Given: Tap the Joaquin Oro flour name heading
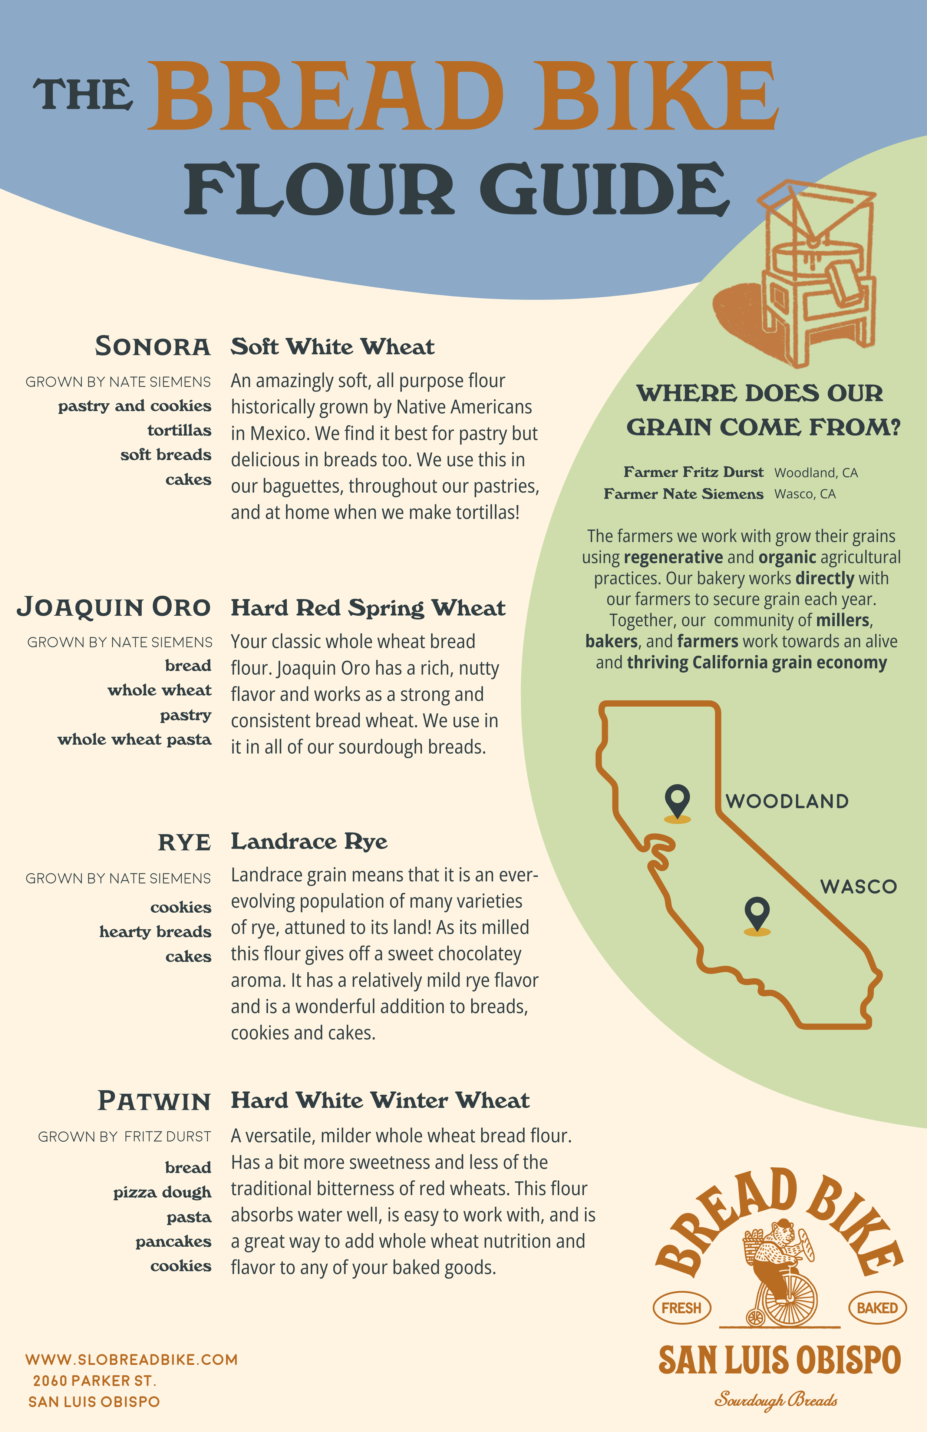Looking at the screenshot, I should pos(114,607).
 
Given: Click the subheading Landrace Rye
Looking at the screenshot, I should pos(309,841).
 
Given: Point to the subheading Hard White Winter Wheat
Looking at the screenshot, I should pos(380,1101).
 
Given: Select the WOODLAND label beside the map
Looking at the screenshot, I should pos(787,801).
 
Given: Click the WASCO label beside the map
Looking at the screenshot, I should pos(858,886).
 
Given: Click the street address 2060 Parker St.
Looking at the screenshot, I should pos(95,1380).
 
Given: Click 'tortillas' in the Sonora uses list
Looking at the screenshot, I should pos(179,430).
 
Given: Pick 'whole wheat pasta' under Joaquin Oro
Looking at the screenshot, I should pos(134,740).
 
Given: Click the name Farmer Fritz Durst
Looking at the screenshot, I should pos(693,472).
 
